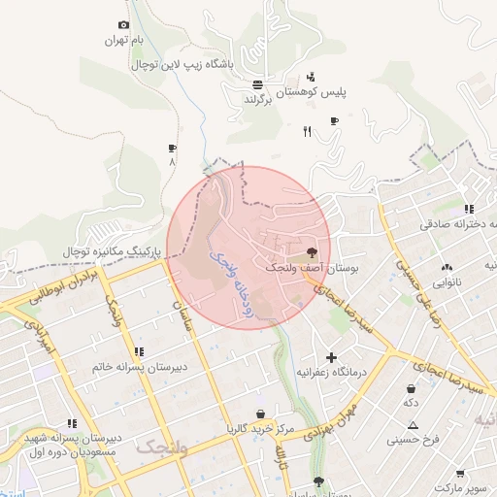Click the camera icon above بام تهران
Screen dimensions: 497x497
coord(123,25)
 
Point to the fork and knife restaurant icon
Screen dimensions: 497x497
coord(308,131)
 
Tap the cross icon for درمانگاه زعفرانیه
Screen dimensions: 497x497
coord(332,357)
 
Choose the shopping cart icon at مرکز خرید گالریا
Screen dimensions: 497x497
coord(259,413)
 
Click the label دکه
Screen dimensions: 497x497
coord(412,402)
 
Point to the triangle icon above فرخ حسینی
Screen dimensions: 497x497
coord(414,425)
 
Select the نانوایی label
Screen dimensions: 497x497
coord(447,282)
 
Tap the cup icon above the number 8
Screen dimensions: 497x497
coord(172,149)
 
